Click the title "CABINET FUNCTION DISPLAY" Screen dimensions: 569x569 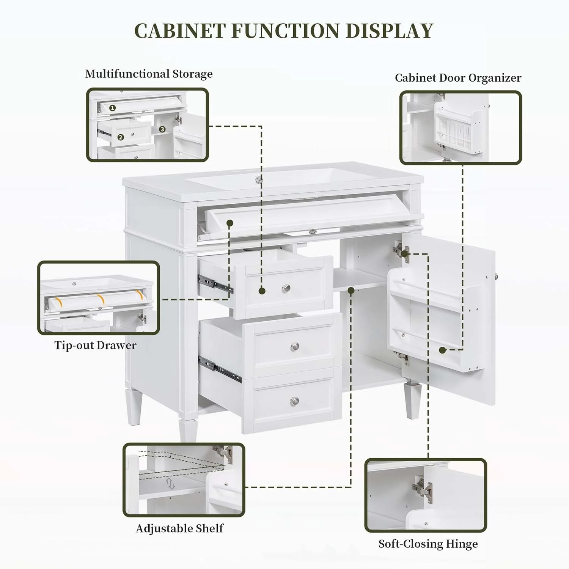284,31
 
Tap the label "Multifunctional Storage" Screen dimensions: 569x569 149,74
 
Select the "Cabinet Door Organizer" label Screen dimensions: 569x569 458,78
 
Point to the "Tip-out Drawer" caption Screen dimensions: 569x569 95,345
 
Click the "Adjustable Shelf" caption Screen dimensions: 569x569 179,528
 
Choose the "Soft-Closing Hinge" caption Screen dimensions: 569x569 428,544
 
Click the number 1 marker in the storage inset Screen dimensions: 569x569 112,108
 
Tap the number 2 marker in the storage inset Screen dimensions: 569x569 121,137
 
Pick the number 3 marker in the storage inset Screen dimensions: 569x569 162,129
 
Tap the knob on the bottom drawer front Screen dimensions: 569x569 295,400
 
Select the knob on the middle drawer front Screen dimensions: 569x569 295,346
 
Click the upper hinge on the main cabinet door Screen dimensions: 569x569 401,251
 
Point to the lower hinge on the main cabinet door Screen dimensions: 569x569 401,357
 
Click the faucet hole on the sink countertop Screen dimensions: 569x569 259,180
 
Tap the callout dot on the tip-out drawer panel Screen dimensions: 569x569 229,223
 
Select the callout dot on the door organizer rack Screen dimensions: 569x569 442,350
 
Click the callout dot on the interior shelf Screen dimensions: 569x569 351,291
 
